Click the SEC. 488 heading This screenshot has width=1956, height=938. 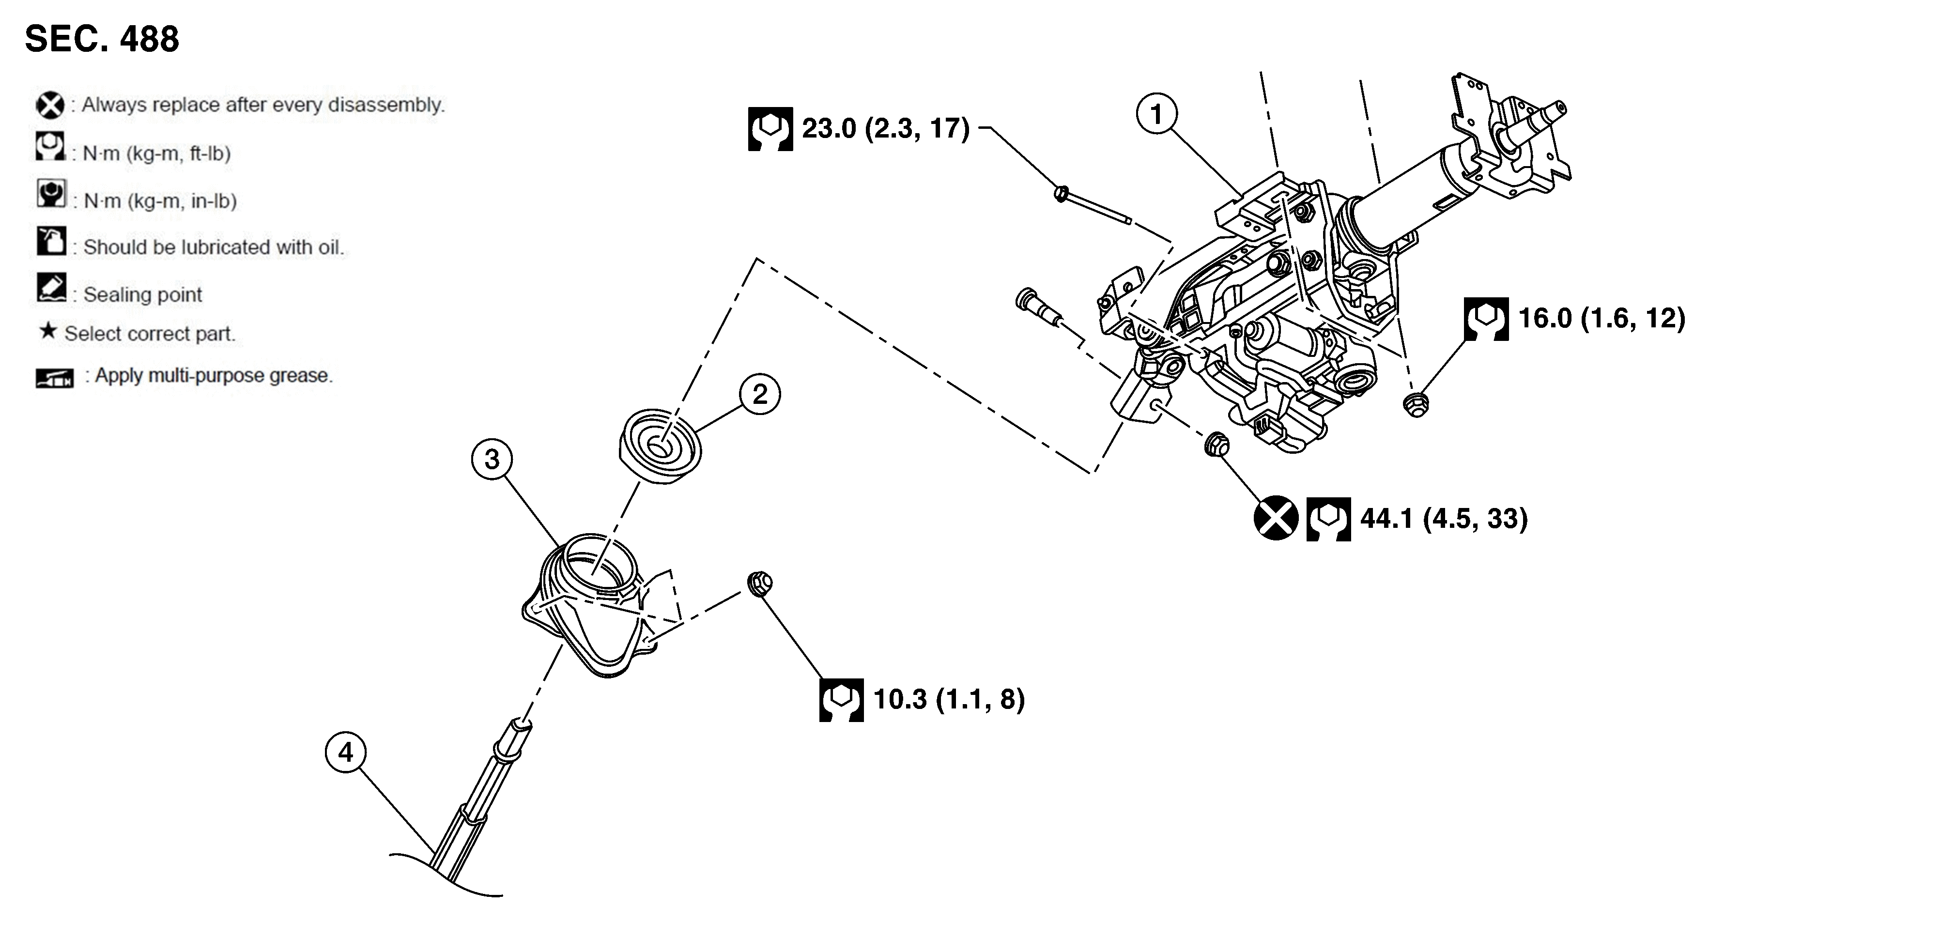(x=102, y=39)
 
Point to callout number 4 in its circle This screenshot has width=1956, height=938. (x=345, y=752)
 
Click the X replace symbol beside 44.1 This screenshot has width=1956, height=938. (x=1275, y=519)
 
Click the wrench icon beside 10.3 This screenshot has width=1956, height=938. (x=841, y=700)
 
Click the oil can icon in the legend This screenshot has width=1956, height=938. (x=51, y=242)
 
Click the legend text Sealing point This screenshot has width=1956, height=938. (x=143, y=295)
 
